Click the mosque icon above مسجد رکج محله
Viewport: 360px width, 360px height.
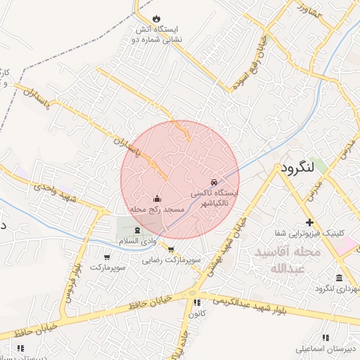point(156,199)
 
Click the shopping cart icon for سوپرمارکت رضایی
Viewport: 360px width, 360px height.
point(171,249)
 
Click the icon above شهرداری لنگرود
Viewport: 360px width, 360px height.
point(339,277)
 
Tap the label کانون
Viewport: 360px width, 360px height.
point(196,314)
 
